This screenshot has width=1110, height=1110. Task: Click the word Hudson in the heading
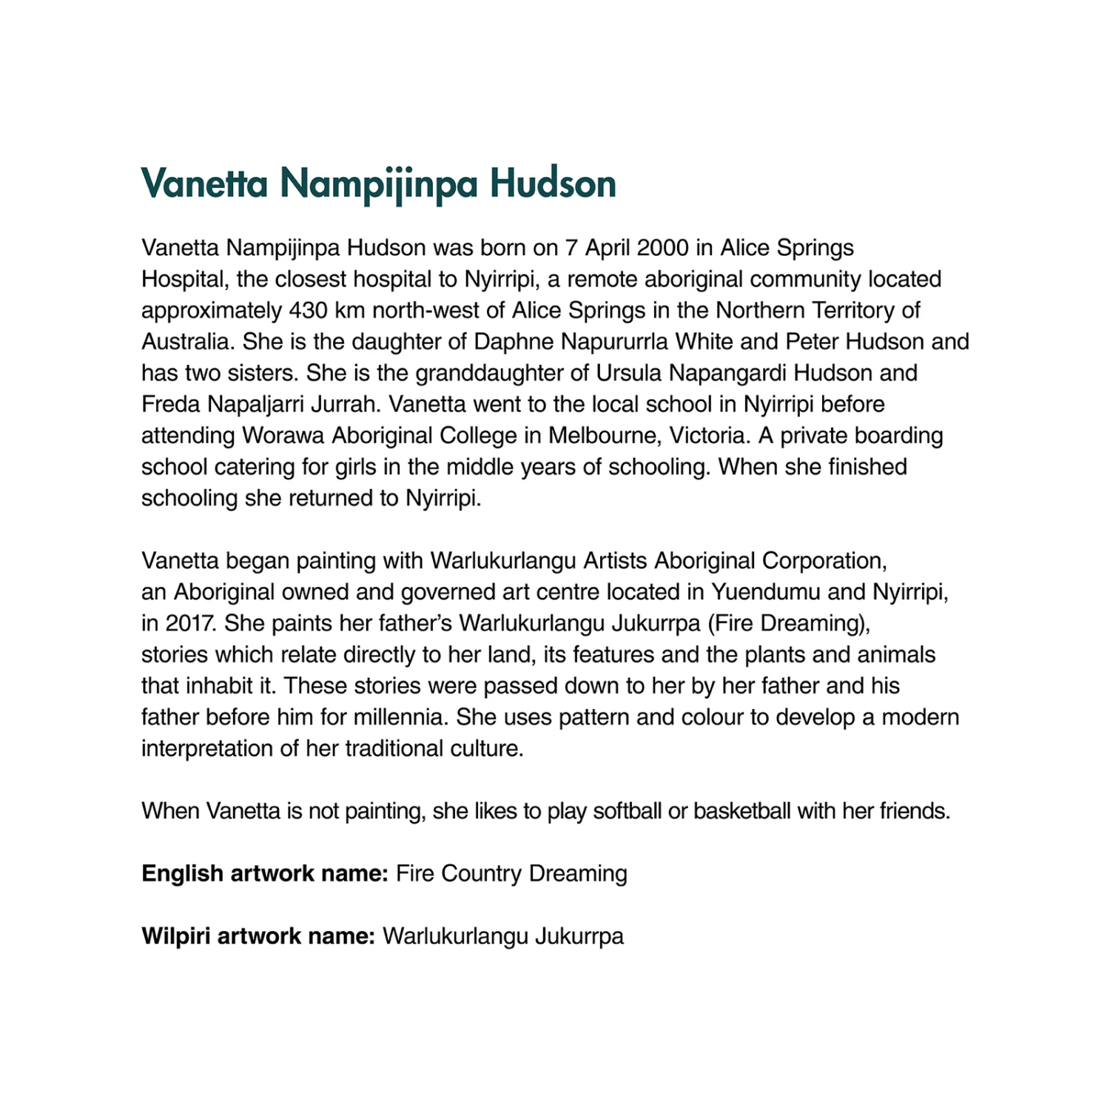click(553, 184)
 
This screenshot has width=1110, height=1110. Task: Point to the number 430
click(308, 311)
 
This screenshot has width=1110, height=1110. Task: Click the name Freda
click(170, 404)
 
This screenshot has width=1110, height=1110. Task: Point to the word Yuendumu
click(765, 592)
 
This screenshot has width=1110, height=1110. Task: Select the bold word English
click(182, 874)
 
